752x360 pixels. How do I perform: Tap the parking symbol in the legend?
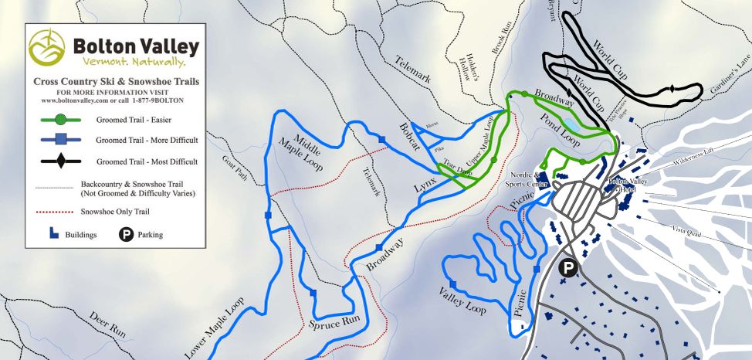click(126, 234)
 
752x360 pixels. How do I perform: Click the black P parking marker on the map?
click(567, 268)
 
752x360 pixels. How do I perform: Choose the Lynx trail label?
click(425, 182)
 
